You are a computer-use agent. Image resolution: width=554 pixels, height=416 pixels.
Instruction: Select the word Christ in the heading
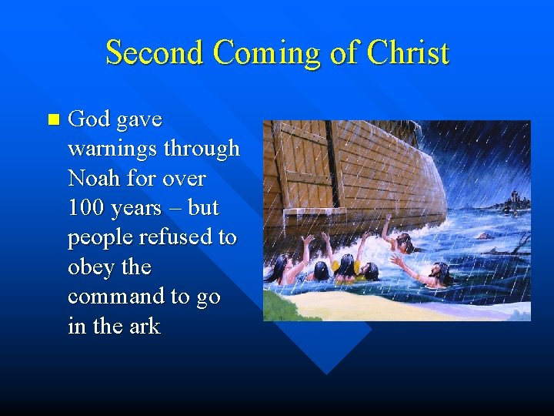[x=408, y=53]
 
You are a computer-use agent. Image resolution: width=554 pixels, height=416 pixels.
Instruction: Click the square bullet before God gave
[x=52, y=119]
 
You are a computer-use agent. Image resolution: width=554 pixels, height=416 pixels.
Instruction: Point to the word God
[x=88, y=119]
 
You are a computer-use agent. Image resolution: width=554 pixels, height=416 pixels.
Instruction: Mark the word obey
[x=90, y=267]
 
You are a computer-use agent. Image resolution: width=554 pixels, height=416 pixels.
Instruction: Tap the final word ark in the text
[x=143, y=327]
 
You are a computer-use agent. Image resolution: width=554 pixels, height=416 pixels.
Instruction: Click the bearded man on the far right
[x=439, y=273]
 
